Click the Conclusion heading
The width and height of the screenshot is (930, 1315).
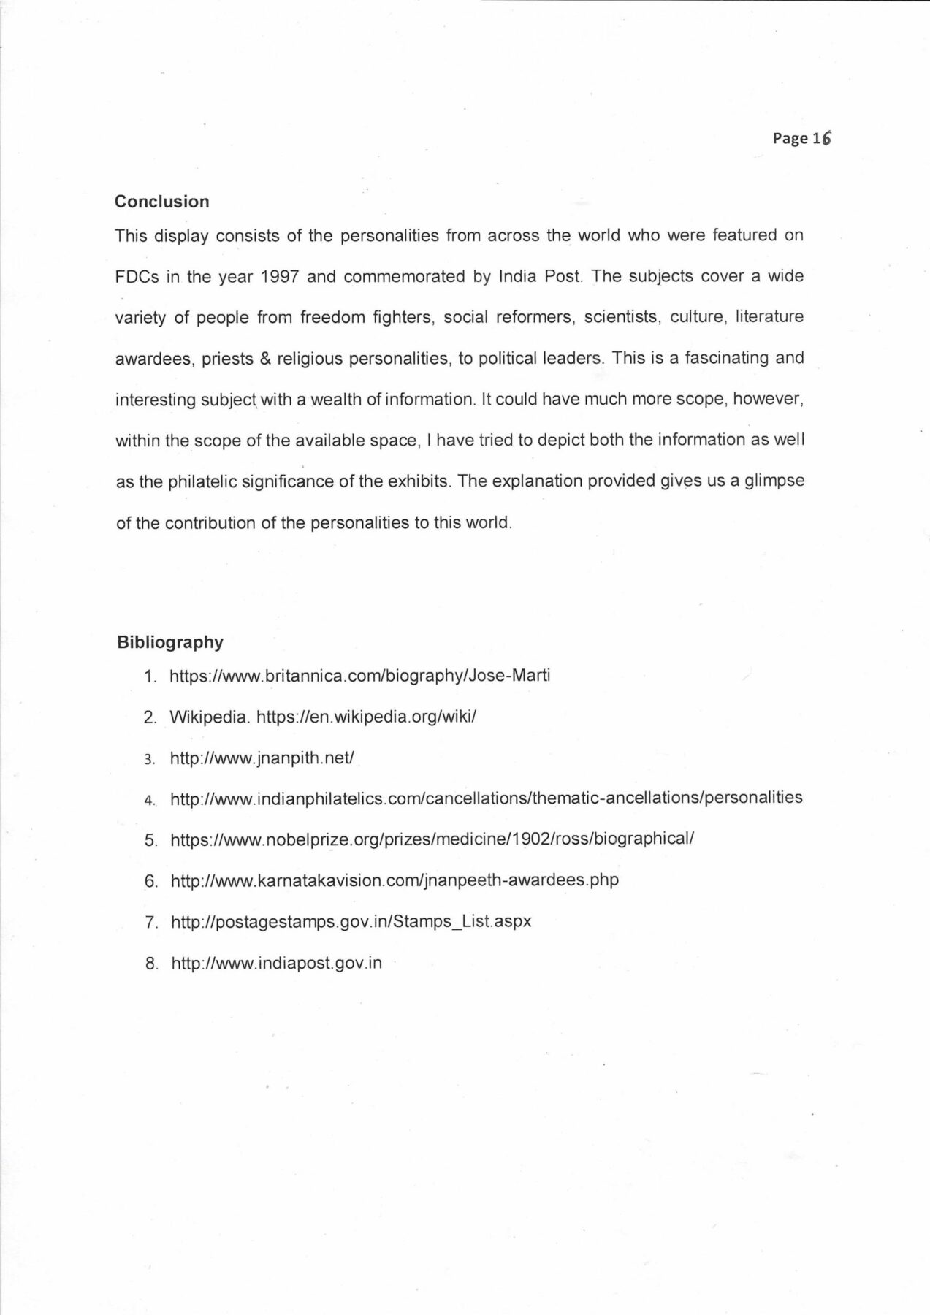coord(161,202)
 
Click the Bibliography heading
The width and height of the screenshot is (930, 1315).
coord(169,642)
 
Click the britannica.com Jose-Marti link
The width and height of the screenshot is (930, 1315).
coord(359,675)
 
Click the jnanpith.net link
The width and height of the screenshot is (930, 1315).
coord(262,758)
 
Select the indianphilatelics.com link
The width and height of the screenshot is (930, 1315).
coord(486,798)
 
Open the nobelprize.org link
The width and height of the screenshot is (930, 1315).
coord(431,839)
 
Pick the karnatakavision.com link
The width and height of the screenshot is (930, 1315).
coord(395,880)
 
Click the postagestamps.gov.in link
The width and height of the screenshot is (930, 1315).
coord(351,921)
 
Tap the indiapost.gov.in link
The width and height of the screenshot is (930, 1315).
coord(276,963)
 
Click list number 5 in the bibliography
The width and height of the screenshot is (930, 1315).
coord(150,840)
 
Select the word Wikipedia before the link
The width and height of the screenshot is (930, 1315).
coord(209,717)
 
